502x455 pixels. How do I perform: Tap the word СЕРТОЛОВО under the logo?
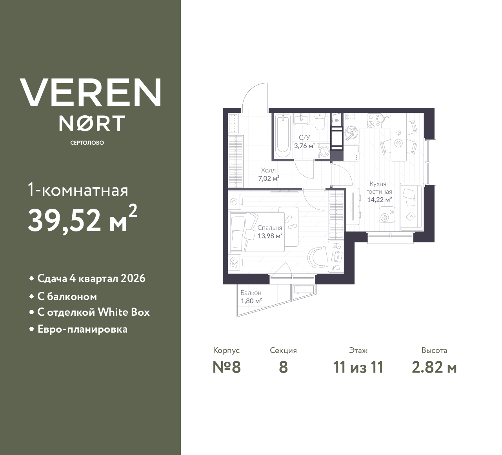(87, 143)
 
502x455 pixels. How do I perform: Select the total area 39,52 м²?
(82, 220)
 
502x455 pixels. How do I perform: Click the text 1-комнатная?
(78, 191)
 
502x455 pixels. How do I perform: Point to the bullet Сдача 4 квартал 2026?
(91, 278)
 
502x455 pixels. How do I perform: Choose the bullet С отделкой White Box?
(93, 312)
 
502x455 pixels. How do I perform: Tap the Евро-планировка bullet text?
(82, 329)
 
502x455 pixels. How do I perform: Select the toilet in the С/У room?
(320, 122)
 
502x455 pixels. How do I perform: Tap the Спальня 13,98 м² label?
(270, 232)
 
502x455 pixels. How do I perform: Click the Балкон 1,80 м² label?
(251, 297)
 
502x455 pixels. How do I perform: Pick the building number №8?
(226, 367)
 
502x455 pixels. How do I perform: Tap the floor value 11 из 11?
(358, 367)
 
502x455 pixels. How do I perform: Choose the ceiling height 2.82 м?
(434, 367)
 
